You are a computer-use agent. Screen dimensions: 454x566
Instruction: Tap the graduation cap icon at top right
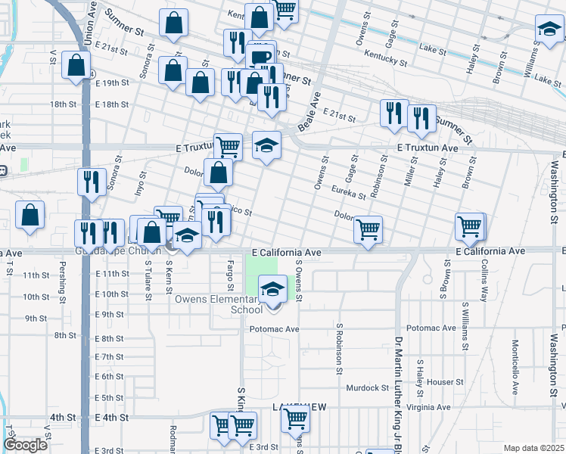pyautogui.click(x=549, y=31)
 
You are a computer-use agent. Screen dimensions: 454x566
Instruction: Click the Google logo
pyautogui.click(x=25, y=445)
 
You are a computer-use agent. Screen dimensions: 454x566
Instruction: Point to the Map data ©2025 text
pyautogui.click(x=533, y=448)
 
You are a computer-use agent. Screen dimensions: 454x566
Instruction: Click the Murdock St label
pyautogui.click(x=367, y=387)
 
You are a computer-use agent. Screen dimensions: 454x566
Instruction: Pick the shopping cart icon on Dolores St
pyautogui.click(x=368, y=229)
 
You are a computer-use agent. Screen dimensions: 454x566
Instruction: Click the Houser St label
pyautogui.click(x=439, y=382)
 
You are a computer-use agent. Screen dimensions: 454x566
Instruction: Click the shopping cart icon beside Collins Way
pyautogui.click(x=469, y=225)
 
